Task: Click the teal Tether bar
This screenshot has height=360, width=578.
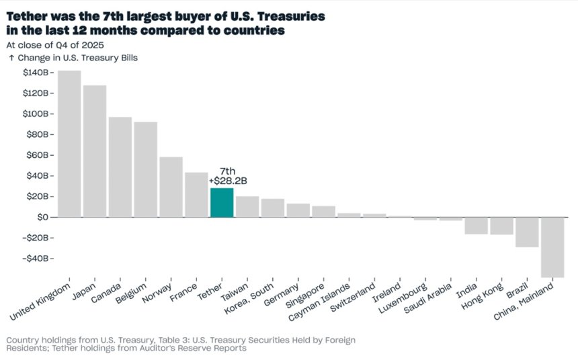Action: tap(222, 202)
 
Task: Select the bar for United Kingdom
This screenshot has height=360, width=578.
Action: tap(69, 144)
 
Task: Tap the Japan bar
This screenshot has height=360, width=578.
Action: tap(95, 151)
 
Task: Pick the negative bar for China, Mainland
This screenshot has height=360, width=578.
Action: tap(552, 247)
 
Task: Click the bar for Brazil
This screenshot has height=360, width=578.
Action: tap(527, 232)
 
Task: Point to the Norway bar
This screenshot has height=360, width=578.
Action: tap(171, 187)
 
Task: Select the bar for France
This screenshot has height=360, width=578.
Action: tap(196, 195)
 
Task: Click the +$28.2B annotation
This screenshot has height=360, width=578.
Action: tap(228, 181)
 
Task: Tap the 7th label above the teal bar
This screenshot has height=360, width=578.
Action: tap(227, 171)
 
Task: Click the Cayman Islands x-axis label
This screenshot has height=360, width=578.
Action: tap(319, 302)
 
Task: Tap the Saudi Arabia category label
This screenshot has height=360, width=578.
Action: tap(427, 298)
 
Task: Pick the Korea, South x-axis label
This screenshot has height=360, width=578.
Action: tap(249, 298)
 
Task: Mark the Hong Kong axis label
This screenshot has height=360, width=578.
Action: tap(482, 296)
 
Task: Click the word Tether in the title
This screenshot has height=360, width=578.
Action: tap(26, 17)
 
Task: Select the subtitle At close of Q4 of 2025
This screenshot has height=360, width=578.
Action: tap(55, 45)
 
